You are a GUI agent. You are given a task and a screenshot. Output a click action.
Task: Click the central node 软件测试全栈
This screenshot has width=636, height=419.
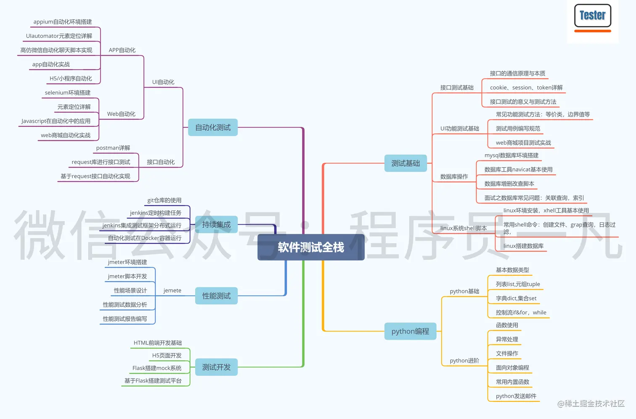(x=311, y=247)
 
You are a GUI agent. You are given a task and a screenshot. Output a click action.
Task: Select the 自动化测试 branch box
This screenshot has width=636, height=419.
(x=213, y=127)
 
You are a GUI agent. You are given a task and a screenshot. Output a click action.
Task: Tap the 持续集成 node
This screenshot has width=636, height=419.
(x=216, y=224)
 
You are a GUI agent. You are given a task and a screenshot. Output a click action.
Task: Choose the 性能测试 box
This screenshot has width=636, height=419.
(x=216, y=296)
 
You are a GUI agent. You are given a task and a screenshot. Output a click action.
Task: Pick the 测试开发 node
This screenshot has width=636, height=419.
(x=216, y=367)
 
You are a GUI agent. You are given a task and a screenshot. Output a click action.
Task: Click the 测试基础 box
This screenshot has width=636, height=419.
(x=405, y=163)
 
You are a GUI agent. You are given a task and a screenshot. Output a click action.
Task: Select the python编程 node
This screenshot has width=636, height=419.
(x=410, y=331)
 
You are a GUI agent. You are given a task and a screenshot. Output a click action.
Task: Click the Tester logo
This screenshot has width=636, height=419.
(x=592, y=17)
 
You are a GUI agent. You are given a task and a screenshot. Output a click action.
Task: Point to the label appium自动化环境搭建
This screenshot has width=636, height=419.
(x=63, y=22)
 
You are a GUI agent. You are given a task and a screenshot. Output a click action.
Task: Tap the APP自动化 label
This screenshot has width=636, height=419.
(x=122, y=50)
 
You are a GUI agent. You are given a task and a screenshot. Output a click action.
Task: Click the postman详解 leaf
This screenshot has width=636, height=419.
(x=113, y=148)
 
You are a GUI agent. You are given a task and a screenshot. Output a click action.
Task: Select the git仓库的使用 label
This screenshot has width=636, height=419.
(x=164, y=200)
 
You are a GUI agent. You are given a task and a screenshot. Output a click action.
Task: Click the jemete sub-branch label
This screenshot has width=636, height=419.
(x=172, y=290)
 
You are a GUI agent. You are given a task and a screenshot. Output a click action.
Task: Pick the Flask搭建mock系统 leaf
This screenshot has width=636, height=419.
(x=157, y=368)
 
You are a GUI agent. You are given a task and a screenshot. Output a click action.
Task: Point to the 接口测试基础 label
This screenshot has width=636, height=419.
(x=457, y=87)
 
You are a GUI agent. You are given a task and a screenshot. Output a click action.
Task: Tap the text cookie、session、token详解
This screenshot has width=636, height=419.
(x=526, y=87)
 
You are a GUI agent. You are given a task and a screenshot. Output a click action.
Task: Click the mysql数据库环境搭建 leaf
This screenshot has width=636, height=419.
(x=511, y=155)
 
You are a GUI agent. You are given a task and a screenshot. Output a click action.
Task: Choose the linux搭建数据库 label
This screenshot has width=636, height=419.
(x=523, y=246)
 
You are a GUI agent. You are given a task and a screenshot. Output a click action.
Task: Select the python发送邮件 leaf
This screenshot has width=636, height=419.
(x=516, y=396)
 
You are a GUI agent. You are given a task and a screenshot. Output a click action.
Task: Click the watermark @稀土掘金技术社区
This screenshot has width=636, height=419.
(x=591, y=403)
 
